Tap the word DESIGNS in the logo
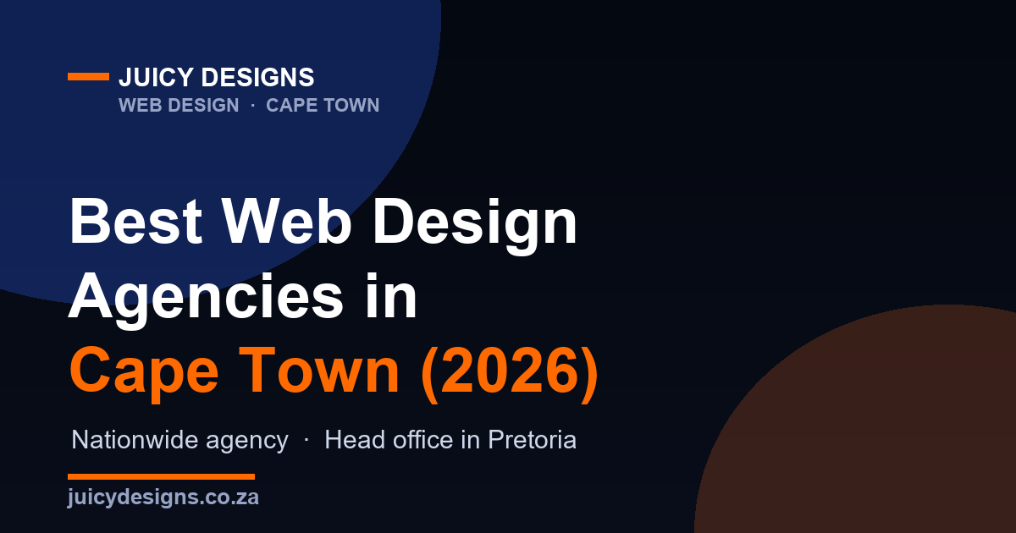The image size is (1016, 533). click(x=257, y=77)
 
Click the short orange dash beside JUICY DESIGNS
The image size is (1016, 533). click(x=88, y=77)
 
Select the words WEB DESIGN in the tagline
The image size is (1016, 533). click(x=179, y=105)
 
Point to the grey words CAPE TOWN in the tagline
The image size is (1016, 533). click(x=323, y=105)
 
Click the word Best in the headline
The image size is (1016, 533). click(x=135, y=222)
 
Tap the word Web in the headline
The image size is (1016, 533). click(x=286, y=222)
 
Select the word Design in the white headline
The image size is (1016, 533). click(x=475, y=226)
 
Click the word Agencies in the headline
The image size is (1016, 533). click(x=206, y=300)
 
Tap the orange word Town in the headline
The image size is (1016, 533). click(x=319, y=371)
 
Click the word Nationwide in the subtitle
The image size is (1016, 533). click(x=135, y=440)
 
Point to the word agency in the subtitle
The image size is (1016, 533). click(x=247, y=442)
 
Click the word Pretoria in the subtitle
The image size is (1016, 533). click(x=532, y=440)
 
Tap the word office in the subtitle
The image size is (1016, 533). click(x=423, y=440)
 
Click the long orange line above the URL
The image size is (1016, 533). click(x=161, y=477)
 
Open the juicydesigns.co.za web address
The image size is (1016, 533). click(x=163, y=497)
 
